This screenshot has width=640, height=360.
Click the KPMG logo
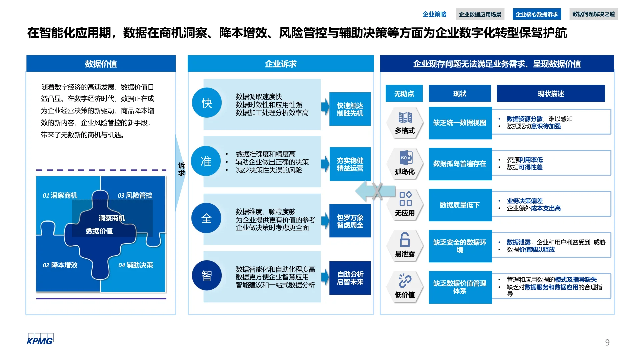point(40,339)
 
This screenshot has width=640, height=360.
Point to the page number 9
point(607,342)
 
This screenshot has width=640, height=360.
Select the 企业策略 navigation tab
point(434,14)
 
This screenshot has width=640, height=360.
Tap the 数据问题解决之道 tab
point(593,14)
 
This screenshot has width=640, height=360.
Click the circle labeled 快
point(207,103)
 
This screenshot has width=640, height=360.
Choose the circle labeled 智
point(207,276)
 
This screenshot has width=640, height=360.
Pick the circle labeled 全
point(207,218)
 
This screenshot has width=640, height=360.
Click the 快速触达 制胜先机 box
point(350,109)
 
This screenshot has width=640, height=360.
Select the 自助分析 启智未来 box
point(350,278)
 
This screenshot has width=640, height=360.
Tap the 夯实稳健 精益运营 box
point(350,164)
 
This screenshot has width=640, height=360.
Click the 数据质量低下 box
point(460,205)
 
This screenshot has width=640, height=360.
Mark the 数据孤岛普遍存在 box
point(460,164)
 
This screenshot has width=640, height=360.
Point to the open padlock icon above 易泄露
point(405,239)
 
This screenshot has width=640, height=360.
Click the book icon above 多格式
point(405,117)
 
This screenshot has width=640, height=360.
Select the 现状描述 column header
point(551,93)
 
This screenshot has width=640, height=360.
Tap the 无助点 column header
point(404,93)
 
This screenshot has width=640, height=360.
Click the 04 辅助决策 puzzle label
point(136,265)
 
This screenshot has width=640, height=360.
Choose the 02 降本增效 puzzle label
point(60,265)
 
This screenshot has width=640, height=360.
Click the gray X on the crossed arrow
point(377,191)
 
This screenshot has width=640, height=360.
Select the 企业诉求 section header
point(281,64)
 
